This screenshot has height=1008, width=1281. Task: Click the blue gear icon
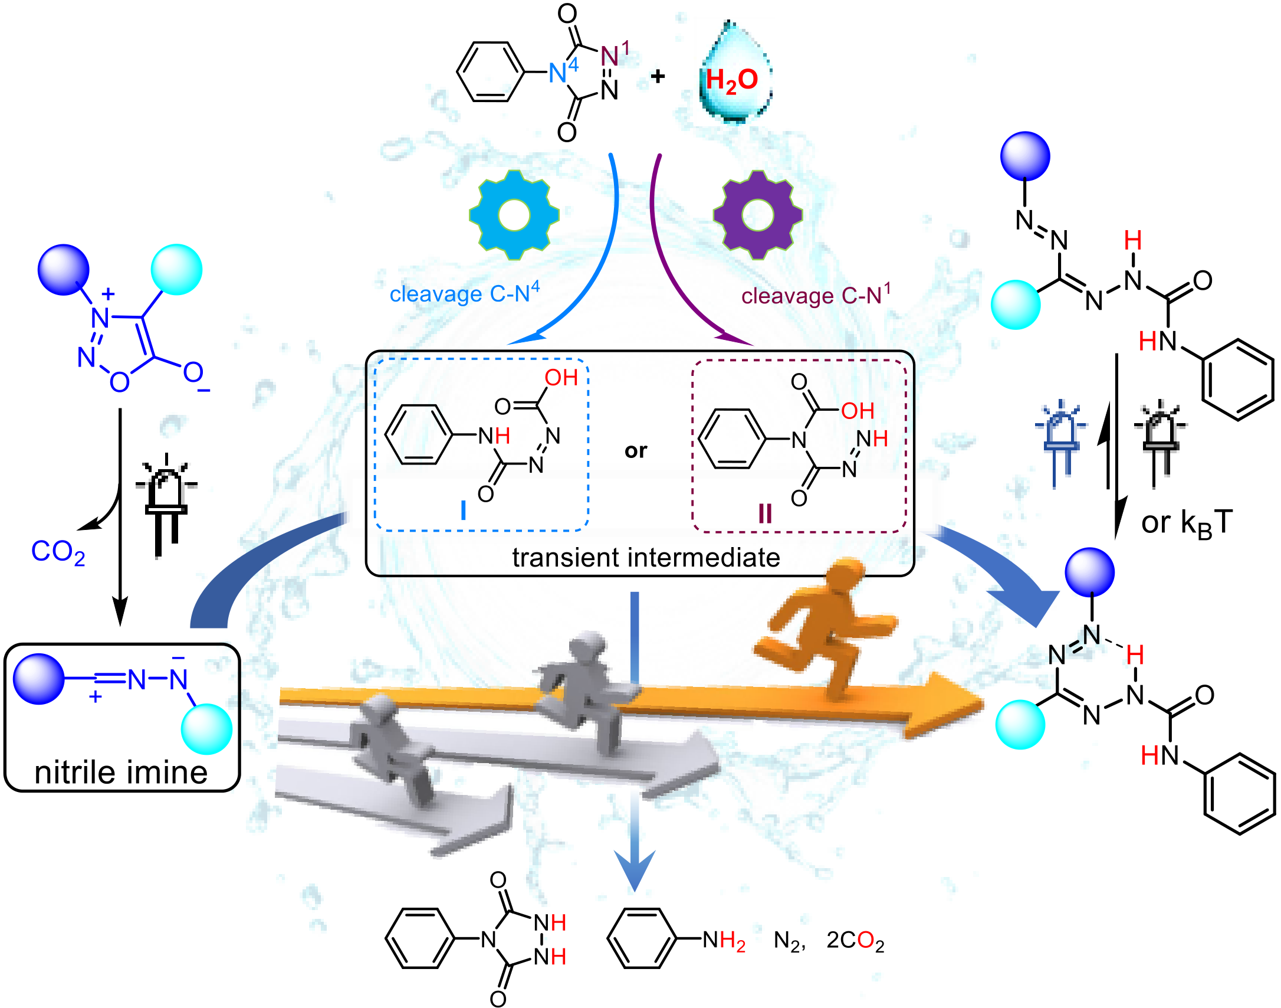(514, 215)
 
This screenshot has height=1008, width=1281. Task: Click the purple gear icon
(758, 215)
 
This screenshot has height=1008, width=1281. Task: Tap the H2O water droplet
(734, 74)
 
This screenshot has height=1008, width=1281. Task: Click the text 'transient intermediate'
(646, 558)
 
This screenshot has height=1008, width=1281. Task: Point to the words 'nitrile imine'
(121, 773)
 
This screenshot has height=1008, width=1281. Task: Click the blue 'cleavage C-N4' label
(465, 293)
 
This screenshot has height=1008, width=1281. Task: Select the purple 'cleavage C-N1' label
(816, 294)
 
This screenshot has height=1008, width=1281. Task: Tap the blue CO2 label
(58, 552)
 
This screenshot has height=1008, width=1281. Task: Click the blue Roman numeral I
(463, 510)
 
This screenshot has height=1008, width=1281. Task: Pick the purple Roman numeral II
(765, 513)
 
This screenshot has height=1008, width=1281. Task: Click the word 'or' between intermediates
(636, 451)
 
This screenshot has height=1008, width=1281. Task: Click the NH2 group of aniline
(724, 940)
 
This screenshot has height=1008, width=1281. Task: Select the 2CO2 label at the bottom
(855, 941)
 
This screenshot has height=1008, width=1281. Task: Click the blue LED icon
(1061, 443)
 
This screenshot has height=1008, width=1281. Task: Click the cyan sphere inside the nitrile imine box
(206, 729)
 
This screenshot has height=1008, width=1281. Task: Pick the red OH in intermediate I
(561, 378)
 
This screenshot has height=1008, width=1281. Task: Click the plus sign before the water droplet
(658, 76)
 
